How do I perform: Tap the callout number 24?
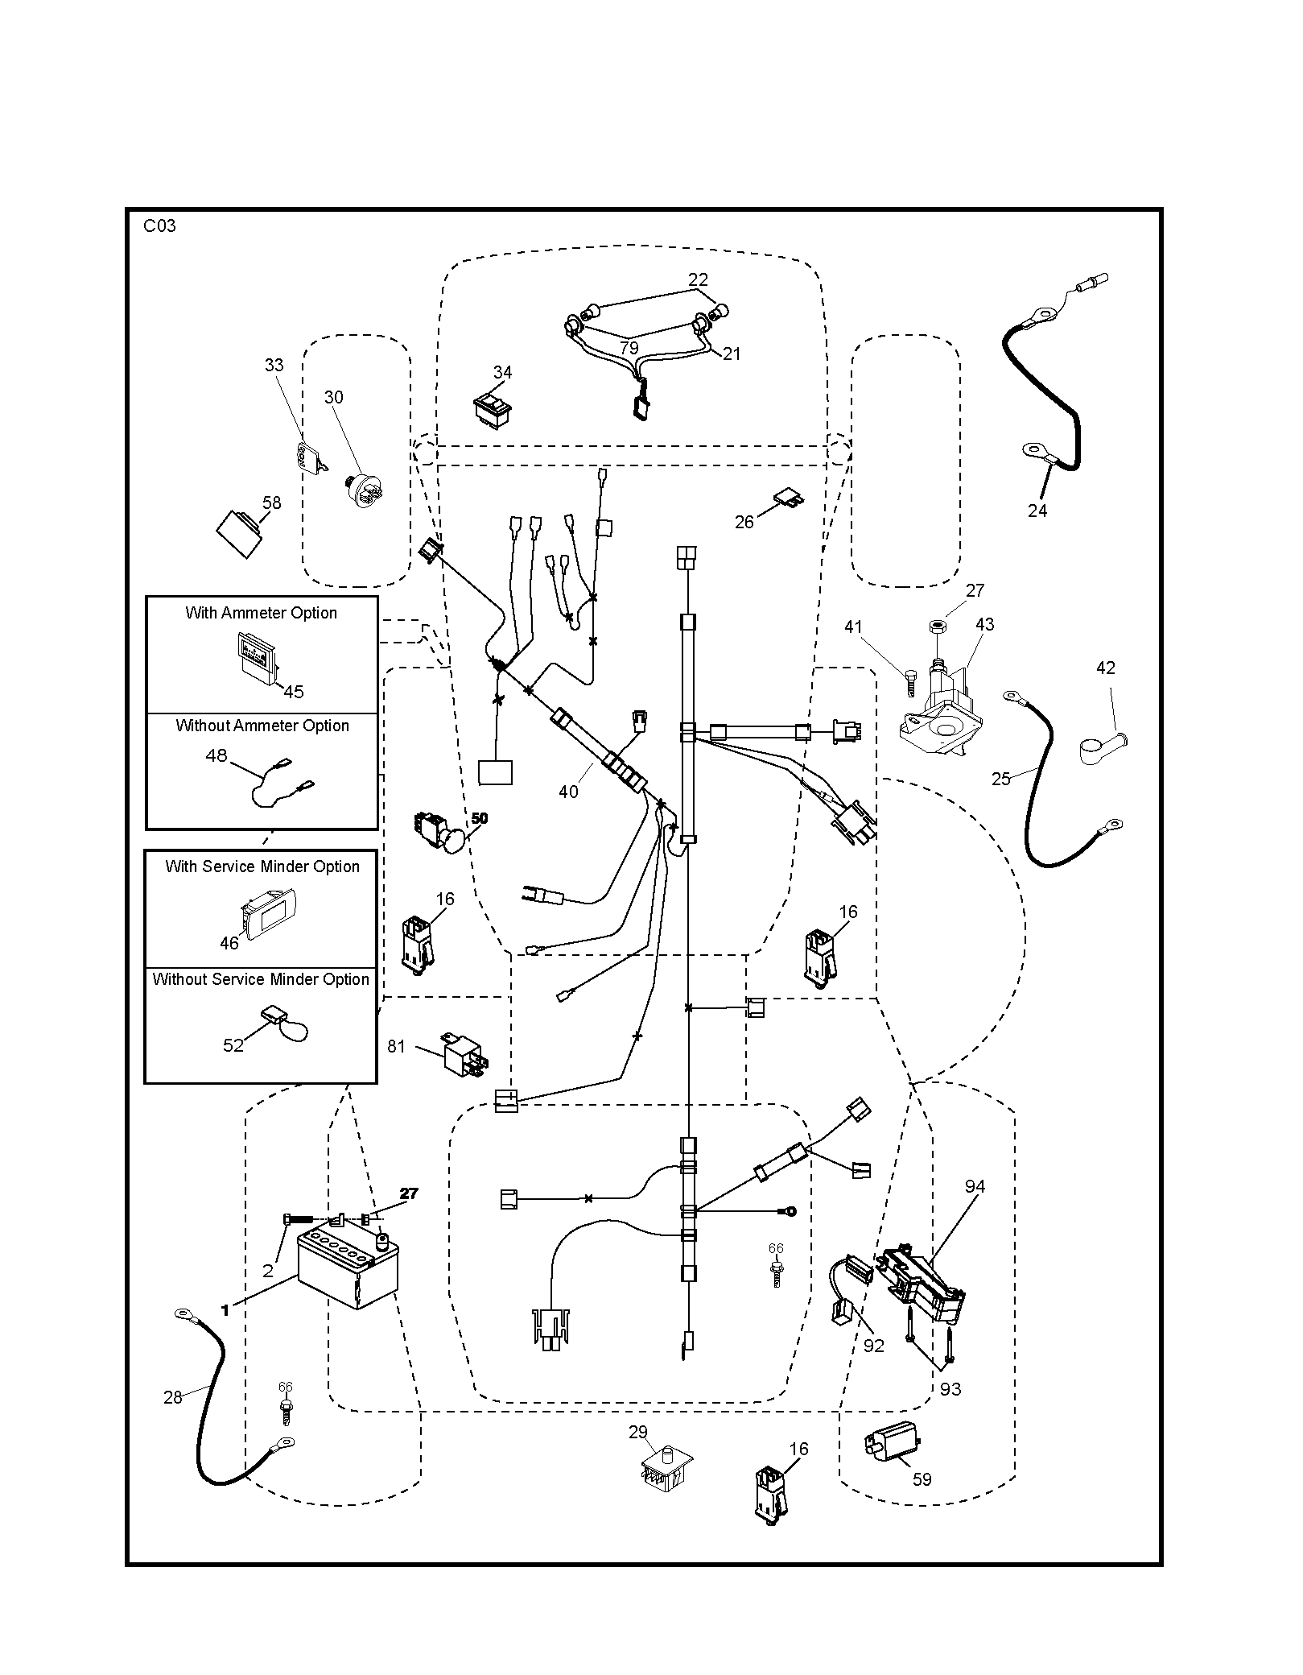point(1037,510)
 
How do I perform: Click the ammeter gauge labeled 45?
point(256,656)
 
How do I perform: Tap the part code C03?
point(159,226)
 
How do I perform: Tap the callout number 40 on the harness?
point(568,792)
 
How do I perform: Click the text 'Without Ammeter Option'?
point(262,726)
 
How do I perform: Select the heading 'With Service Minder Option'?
point(262,866)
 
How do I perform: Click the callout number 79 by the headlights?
point(629,348)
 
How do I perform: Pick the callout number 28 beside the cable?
point(173,1397)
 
